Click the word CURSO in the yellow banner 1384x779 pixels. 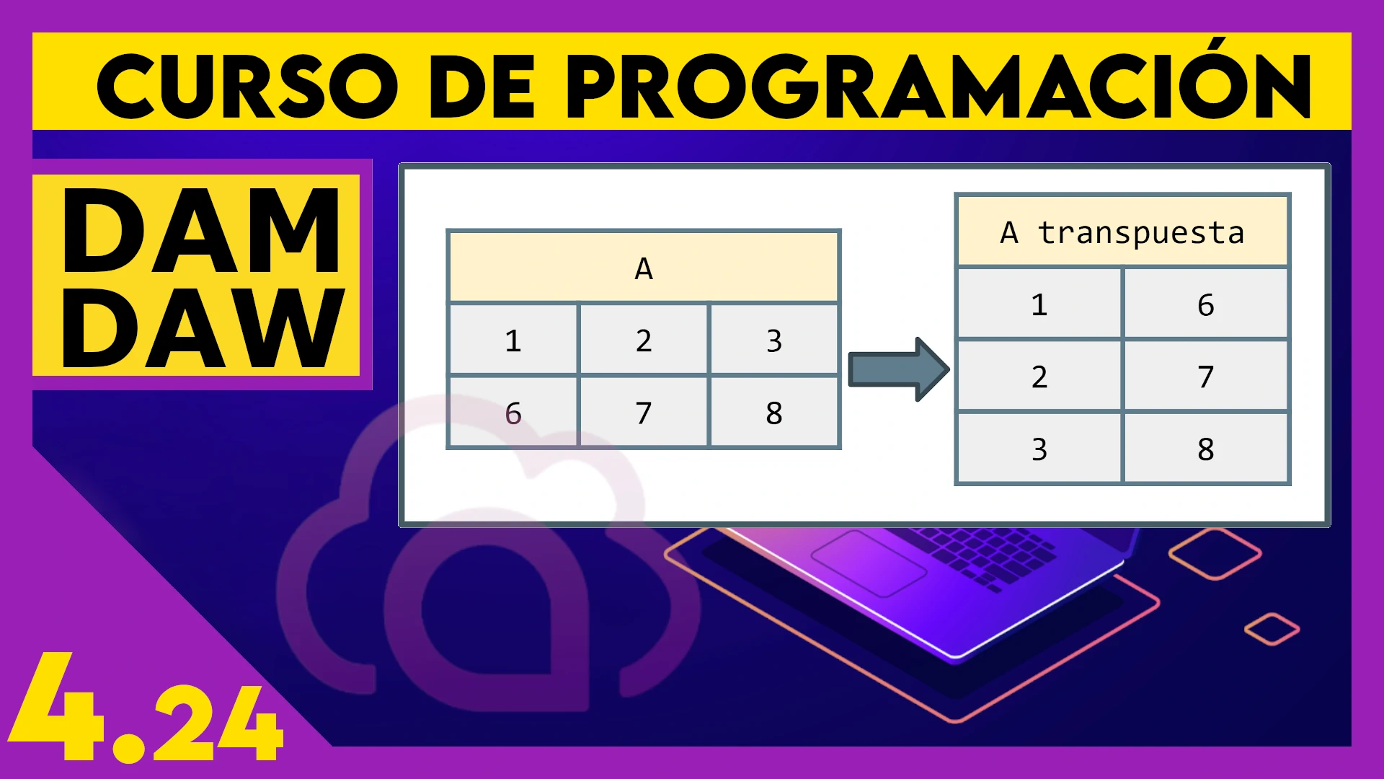click(247, 87)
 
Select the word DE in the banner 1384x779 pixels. click(482, 87)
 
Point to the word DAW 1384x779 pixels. click(203, 327)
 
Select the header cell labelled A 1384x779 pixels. click(644, 267)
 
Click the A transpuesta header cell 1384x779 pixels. click(1122, 232)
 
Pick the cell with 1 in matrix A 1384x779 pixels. click(513, 340)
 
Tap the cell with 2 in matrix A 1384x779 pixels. click(644, 340)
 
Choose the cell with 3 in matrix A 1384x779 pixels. click(774, 340)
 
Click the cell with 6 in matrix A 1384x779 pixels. click(513, 413)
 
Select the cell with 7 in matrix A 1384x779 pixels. click(644, 413)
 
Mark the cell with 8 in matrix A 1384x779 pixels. click(774, 413)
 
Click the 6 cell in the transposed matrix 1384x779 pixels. click(1206, 304)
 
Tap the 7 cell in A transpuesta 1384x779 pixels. click(1206, 376)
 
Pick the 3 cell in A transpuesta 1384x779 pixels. click(1039, 449)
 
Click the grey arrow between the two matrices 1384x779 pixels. click(898, 369)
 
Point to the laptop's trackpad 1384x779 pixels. click(869, 563)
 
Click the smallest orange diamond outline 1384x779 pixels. click(1272, 629)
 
